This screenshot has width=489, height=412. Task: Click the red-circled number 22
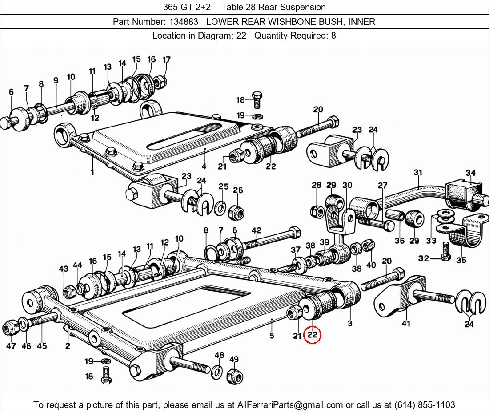[x=312, y=335]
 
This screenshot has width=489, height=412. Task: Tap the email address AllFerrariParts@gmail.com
[x=290, y=404]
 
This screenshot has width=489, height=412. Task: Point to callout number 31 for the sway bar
[x=417, y=173]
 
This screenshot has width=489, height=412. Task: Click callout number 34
[x=471, y=173]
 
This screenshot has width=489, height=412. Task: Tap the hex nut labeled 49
[x=234, y=377]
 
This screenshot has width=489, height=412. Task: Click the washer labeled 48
[x=217, y=371]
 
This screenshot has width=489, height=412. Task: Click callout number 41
[x=406, y=324]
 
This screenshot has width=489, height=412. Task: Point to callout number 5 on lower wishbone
[x=272, y=336]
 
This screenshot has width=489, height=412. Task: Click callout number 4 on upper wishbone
[x=204, y=166]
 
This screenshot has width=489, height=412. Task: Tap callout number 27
[x=382, y=186]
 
